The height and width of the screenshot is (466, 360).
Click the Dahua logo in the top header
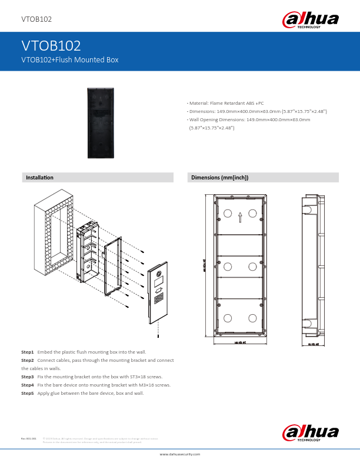coord(311,21)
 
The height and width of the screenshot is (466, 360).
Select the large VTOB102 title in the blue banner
coord(51,45)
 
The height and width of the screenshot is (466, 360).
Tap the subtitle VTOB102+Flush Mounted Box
coord(70,59)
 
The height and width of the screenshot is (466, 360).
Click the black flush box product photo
coord(103,122)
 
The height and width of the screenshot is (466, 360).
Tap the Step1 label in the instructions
coord(28,352)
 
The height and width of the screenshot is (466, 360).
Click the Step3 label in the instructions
coord(28,376)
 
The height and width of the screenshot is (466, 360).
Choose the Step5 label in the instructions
coord(28,392)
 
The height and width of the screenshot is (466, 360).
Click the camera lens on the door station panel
coord(158,275)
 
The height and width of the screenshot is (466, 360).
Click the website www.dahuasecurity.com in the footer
coord(180,454)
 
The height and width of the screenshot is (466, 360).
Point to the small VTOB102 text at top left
coord(36,19)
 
